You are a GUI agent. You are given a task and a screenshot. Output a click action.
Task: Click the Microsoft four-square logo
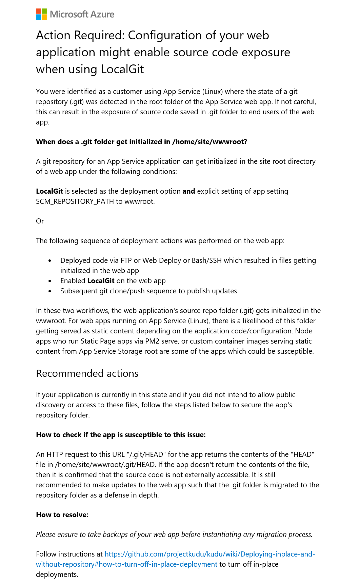point(41,14)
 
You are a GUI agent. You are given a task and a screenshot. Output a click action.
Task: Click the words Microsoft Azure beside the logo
point(82,14)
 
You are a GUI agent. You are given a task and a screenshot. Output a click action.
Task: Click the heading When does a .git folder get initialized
point(141,142)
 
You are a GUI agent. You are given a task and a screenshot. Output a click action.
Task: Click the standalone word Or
point(40,221)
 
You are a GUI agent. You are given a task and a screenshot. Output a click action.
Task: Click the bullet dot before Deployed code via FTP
point(50,261)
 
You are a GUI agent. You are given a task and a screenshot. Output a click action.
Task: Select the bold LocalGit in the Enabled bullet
point(101,281)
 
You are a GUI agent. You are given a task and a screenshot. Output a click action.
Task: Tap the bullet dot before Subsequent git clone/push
point(50,291)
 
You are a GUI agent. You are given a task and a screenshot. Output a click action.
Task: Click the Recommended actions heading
point(87,373)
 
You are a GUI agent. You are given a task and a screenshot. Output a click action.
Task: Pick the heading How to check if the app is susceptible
point(121,435)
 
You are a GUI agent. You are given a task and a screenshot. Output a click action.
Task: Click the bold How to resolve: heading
point(62,515)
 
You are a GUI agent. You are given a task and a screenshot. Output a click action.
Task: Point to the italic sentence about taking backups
point(174,534)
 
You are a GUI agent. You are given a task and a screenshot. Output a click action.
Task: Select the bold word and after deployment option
point(188,191)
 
